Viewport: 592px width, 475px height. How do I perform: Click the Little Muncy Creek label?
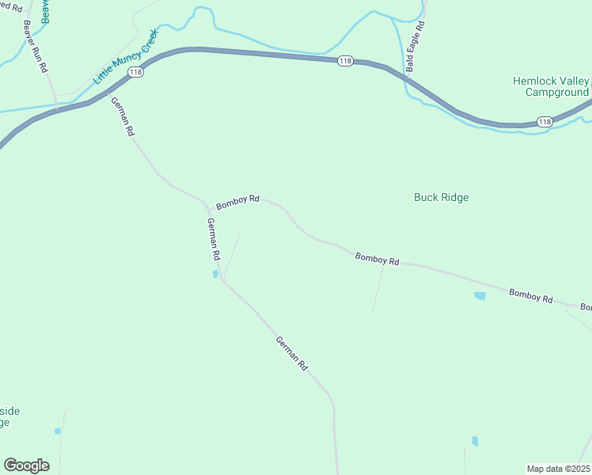(127, 57)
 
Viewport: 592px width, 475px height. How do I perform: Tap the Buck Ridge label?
(441, 197)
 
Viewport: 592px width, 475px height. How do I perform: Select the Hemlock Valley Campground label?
(551, 86)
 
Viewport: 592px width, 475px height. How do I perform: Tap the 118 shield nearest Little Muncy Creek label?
(135, 72)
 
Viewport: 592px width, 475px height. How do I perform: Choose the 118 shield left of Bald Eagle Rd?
(344, 61)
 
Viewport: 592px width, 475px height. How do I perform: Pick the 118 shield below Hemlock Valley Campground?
(544, 121)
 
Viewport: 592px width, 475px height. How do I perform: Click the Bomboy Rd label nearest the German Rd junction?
(238, 202)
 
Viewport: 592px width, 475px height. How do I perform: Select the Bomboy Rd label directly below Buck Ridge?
(377, 258)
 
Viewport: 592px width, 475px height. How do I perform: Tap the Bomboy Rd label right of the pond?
(530, 295)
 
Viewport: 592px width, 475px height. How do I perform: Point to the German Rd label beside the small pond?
(212, 240)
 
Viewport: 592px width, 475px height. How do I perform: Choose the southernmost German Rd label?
(291, 354)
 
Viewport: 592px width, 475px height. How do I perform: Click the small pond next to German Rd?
(215, 275)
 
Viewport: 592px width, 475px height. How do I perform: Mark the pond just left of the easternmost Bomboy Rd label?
(479, 296)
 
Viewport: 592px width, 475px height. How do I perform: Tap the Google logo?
(26, 465)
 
